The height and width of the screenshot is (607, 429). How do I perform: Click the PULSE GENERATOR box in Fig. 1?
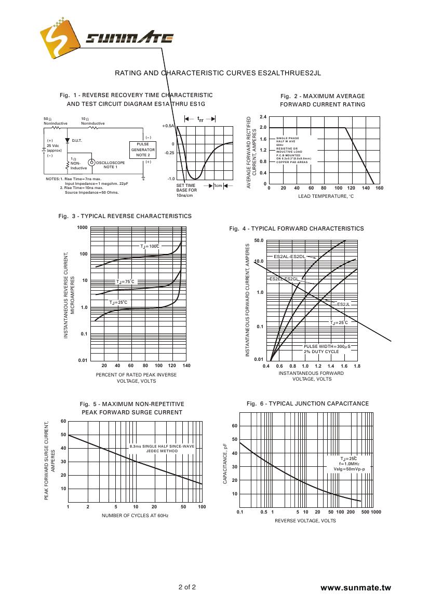tap(143, 150)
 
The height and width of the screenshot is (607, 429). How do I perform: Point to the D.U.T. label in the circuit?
tap(77, 141)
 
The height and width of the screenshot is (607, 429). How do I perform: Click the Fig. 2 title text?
tap(323, 100)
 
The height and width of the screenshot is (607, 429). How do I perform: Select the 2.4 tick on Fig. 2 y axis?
tap(263, 117)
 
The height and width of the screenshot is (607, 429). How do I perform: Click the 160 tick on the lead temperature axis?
tap(379, 188)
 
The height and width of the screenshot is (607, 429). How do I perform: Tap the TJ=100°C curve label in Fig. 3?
tap(150, 246)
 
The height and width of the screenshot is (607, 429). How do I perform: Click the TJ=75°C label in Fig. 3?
tap(125, 281)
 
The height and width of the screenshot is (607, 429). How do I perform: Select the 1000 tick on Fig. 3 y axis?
tap(82, 228)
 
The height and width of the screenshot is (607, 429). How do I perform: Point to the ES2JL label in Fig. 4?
tap(344, 304)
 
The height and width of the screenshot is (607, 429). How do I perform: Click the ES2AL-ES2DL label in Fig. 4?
tap(289, 257)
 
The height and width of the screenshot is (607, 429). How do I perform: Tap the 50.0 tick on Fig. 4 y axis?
tap(259, 241)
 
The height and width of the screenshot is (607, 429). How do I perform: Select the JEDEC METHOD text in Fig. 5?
tap(162, 451)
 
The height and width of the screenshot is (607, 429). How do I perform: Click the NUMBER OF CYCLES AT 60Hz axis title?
tap(135, 515)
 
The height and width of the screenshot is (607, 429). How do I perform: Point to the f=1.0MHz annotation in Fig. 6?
tap(349, 464)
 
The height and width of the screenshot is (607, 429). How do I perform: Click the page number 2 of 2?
tap(187, 588)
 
